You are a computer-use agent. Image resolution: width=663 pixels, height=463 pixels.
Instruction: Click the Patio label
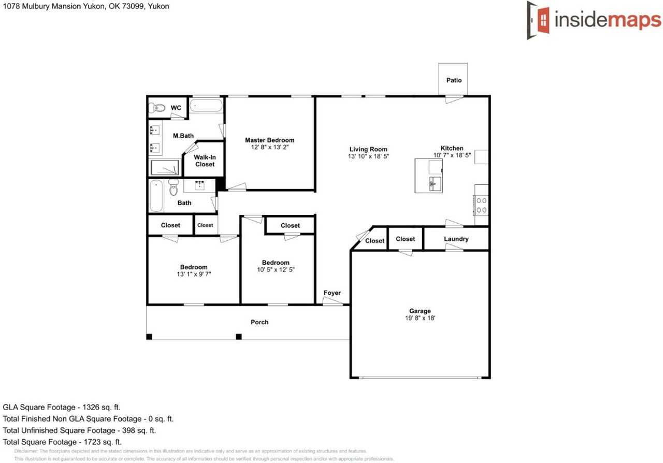454,80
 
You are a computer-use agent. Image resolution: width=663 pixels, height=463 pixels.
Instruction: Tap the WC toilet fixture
156,108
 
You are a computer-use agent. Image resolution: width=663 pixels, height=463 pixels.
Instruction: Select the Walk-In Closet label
205,161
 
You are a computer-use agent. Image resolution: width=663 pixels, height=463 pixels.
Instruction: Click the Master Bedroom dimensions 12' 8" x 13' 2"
269,148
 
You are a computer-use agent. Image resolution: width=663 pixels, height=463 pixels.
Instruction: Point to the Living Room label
368,149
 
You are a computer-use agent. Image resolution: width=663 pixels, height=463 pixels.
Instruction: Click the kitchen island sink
434,183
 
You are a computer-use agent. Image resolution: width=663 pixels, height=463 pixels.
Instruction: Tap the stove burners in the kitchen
481,205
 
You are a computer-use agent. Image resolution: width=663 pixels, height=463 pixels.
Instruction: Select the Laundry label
456,239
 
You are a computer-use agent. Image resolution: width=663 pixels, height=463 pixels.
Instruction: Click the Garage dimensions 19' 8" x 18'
420,319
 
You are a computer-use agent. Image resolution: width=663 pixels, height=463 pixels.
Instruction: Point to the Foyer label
332,293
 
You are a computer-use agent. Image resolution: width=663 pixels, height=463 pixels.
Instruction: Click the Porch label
260,322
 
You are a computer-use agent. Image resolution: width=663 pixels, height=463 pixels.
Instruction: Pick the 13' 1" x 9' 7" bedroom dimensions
194,274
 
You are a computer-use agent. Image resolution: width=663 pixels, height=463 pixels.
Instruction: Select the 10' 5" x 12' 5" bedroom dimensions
276,270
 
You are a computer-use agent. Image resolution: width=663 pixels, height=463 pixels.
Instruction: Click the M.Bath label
183,136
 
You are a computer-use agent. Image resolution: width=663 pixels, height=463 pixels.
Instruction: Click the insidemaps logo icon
539,20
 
